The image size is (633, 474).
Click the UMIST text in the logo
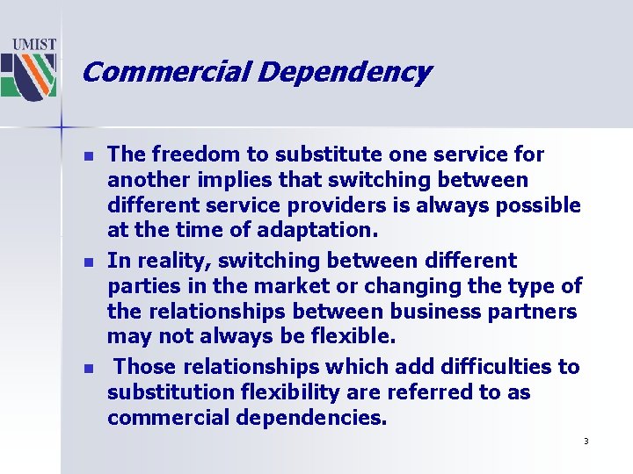[34, 44]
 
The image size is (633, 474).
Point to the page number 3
[586, 441]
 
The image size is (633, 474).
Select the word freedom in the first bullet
[186, 154]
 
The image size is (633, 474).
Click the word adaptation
[325, 231]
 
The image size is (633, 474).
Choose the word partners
[535, 312]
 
